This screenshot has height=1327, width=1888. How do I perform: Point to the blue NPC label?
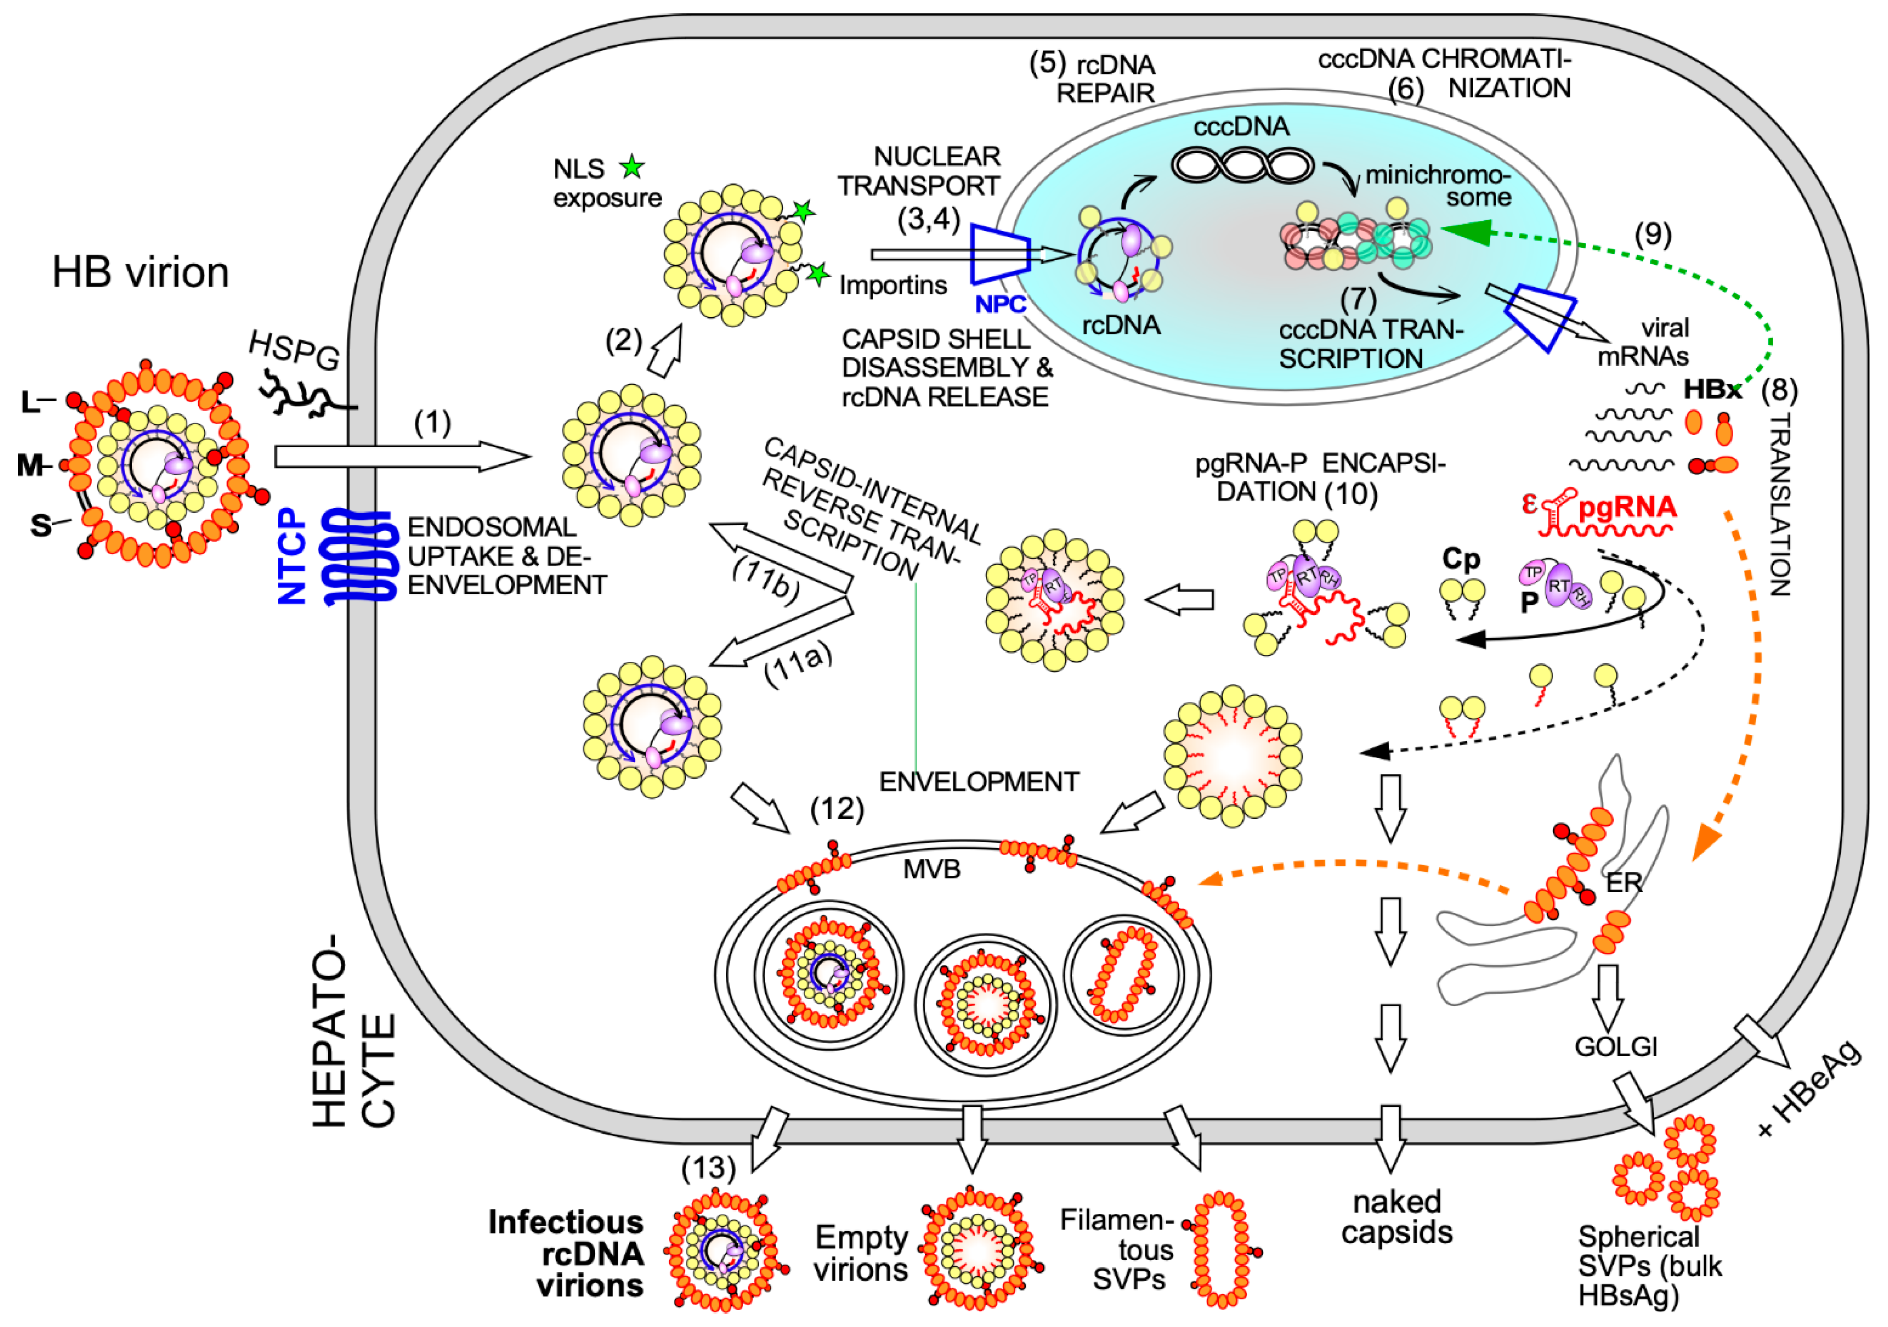[1000, 304]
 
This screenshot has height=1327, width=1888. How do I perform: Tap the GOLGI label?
[1616, 1046]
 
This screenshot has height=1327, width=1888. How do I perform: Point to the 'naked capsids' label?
[1397, 1217]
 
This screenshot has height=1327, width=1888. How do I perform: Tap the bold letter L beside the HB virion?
[29, 402]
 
